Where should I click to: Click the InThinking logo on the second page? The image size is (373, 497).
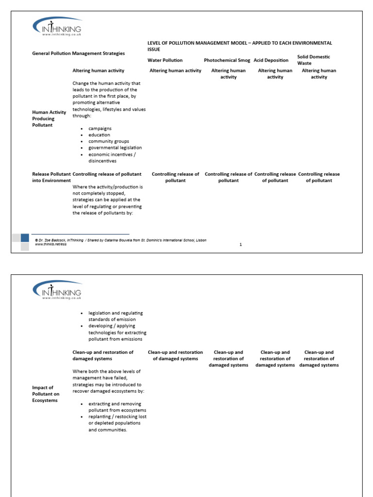tap(57, 290)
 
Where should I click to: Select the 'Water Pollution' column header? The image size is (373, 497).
tap(165, 60)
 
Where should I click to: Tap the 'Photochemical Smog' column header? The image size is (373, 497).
tap(227, 60)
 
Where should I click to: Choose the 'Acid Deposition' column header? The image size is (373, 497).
tap(271, 60)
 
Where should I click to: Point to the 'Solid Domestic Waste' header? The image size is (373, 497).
tap(314, 60)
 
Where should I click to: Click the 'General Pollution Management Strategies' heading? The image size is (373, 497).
tap(78, 53)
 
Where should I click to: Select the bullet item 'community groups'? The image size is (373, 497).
tap(109, 141)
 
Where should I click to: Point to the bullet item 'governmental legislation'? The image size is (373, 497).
tap(115, 148)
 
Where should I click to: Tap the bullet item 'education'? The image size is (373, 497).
tap(99, 135)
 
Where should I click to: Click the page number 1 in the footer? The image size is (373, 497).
tap(240, 245)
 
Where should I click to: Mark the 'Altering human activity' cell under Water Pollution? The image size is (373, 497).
tap(175, 71)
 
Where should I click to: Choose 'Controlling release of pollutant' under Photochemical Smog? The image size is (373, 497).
tap(228, 177)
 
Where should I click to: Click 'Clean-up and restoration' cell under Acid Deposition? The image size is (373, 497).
tap(275, 359)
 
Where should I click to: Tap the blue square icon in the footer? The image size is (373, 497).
tap(25, 238)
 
